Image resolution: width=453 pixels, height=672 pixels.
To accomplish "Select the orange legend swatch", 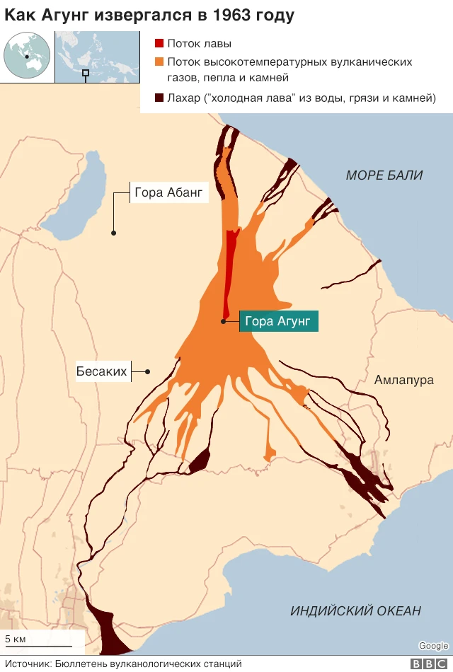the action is pyautogui.click(x=159, y=62).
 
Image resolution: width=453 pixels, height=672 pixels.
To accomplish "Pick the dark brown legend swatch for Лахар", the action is pyautogui.click(x=159, y=98).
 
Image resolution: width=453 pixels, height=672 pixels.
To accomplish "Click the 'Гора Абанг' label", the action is pyautogui.click(x=168, y=192).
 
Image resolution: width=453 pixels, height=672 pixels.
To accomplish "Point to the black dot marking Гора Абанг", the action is pyautogui.click(x=113, y=232).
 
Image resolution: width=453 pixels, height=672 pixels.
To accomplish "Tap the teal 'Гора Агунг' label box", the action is pyautogui.click(x=277, y=321).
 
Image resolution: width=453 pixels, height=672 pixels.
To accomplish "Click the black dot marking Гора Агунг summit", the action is pyautogui.click(x=223, y=322).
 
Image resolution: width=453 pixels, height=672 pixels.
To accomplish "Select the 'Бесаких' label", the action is pyautogui.click(x=101, y=371).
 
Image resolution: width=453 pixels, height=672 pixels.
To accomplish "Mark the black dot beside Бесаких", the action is pyautogui.click(x=148, y=371).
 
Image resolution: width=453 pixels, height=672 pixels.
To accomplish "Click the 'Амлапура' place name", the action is pyautogui.click(x=404, y=380).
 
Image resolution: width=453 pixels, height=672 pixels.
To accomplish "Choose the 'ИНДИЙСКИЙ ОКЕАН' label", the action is pyautogui.click(x=355, y=610).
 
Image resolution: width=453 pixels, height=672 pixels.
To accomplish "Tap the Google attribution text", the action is pyautogui.click(x=433, y=645).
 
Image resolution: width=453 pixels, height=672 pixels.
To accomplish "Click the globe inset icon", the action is pyautogui.click(x=27, y=57).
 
